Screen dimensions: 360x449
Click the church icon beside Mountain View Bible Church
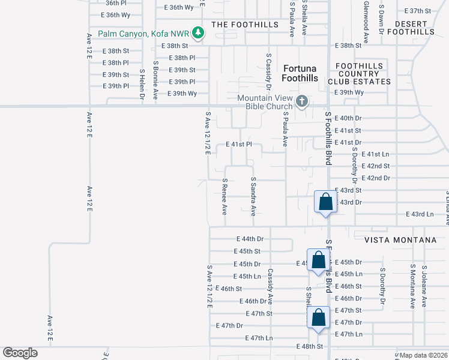302,101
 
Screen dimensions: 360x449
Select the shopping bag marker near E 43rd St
325,202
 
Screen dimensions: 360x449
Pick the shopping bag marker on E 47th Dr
319,317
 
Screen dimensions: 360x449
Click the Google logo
20,352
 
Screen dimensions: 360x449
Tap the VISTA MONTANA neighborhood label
400,240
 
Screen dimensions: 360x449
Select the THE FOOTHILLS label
245,25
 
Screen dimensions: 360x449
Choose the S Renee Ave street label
224,196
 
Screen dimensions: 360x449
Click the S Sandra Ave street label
253,196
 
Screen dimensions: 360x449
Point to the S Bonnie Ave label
155,80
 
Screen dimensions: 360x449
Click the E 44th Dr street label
250,239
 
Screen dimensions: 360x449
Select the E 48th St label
309,347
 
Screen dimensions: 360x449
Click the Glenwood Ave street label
366,22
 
